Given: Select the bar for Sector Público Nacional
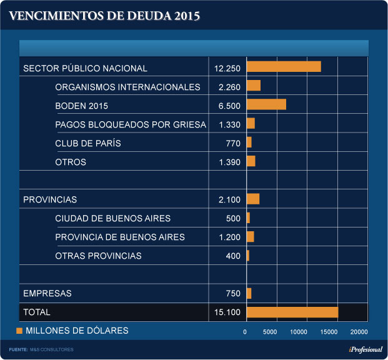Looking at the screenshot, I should click(284, 67).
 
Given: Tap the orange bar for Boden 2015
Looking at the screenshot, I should click(266, 105).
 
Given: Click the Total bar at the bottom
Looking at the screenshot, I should click(292, 312).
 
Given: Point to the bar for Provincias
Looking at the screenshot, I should click(253, 199).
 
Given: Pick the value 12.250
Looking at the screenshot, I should click(227, 68).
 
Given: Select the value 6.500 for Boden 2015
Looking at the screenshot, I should click(229, 106).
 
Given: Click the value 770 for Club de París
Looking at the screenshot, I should click(232, 143).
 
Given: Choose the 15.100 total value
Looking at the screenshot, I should click(227, 312).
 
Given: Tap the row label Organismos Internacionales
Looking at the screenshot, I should click(127, 87).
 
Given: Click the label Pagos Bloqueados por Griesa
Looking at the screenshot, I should click(130, 124).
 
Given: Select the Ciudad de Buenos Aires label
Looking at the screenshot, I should click(112, 218).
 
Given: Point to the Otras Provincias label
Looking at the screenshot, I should click(98, 256).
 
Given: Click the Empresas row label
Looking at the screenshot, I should click(47, 293).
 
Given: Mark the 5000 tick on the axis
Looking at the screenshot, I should click(270, 331).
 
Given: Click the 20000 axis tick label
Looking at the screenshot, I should click(359, 331).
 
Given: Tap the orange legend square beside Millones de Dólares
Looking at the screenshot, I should click(19, 330).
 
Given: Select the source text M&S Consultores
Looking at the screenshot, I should click(52, 349).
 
